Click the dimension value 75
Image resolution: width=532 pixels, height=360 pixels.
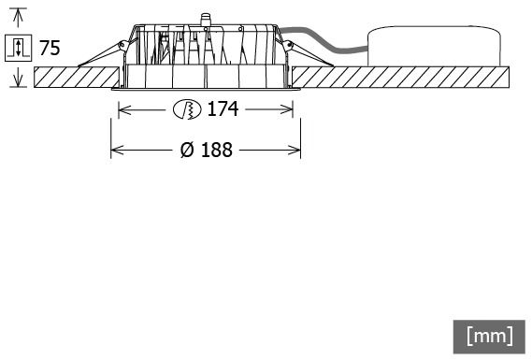pos(50,48)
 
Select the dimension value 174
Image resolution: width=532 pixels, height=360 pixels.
pos(223,109)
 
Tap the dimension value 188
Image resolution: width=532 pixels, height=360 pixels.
pos(217,150)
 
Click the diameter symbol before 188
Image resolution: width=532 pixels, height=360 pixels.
pos(187,150)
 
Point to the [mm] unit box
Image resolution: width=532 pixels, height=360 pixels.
pos(489,337)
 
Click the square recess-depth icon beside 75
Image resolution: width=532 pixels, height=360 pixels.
pos(19,48)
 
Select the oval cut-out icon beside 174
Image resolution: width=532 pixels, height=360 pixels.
pos(187,109)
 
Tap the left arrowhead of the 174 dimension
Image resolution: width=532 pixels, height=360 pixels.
pos(124,109)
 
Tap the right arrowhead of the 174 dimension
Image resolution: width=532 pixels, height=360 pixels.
pos(286,109)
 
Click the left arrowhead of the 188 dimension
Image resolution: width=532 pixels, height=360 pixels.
pos(117,150)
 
